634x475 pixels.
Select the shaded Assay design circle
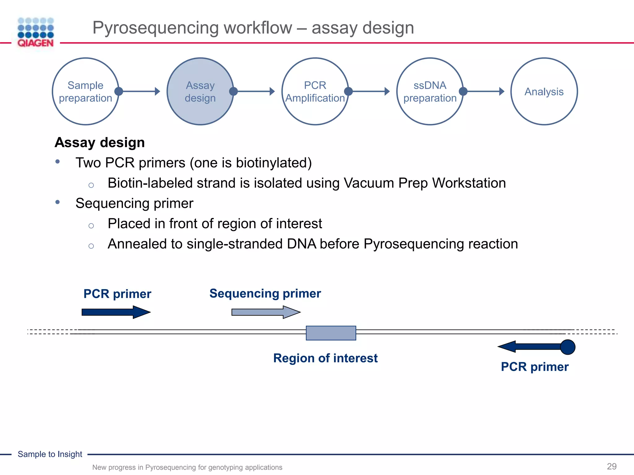pos(200,92)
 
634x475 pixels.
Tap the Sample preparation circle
pos(85,92)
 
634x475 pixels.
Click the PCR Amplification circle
pos(315,92)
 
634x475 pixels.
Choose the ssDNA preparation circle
pos(430,92)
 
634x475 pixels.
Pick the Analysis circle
pos(544,92)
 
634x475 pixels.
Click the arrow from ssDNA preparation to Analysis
pos(484,92)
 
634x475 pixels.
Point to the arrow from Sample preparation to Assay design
pos(139,92)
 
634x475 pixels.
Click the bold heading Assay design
pos(100,143)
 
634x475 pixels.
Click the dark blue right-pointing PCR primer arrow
pos(116,312)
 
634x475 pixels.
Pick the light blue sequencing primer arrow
pos(266,312)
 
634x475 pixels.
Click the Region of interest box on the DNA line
pos(331,333)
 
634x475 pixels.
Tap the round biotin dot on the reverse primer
pos(567,347)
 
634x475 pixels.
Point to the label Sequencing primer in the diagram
pos(265,293)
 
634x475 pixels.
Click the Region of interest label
pos(325,358)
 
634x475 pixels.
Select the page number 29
pos(611,466)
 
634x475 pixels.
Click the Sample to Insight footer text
pos(50,454)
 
